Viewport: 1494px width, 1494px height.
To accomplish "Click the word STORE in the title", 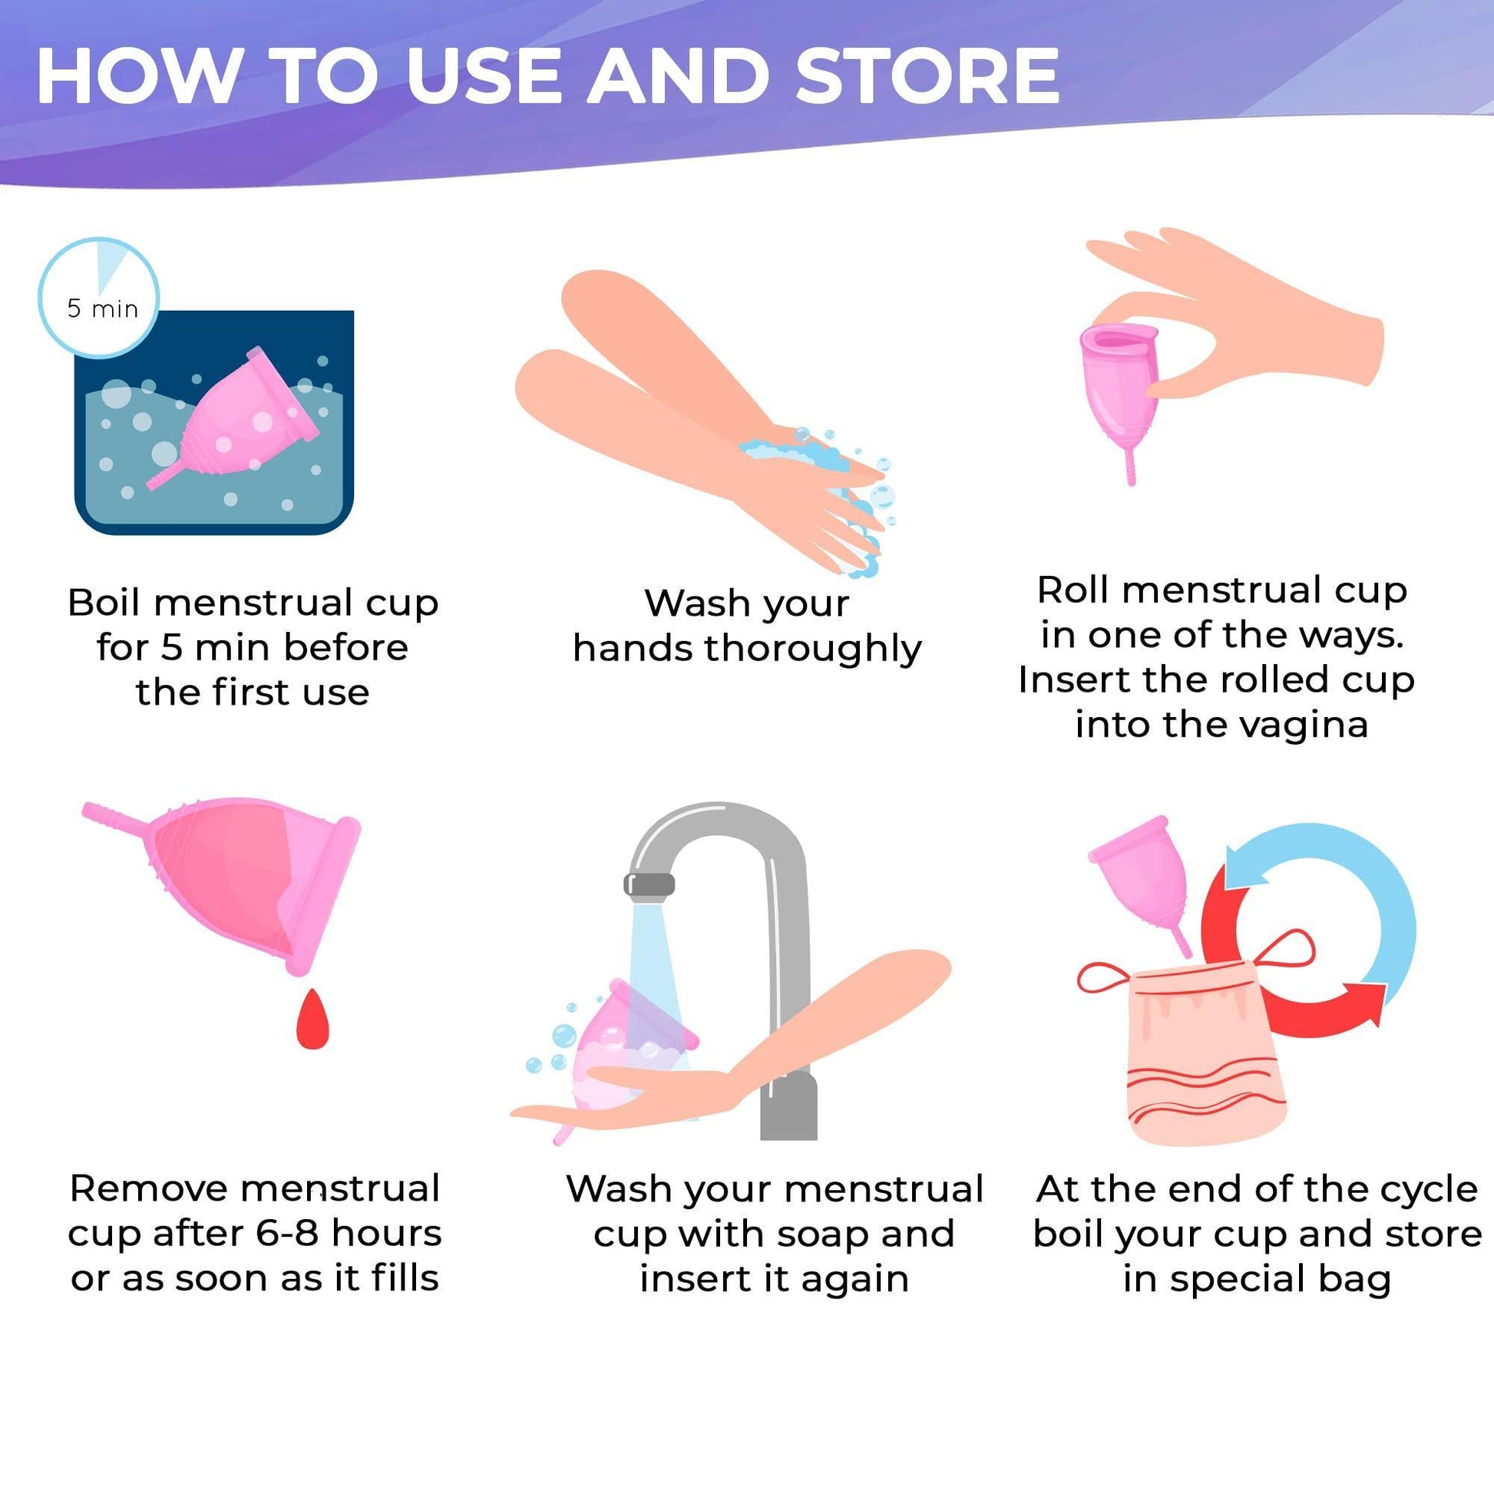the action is click(927, 75).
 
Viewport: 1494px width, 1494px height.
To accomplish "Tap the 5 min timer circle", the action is click(99, 298).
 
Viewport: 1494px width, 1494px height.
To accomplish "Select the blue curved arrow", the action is click(1346, 897).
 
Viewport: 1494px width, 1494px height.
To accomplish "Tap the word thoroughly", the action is click(813, 649).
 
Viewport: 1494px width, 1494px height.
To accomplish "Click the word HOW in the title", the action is click(138, 75).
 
